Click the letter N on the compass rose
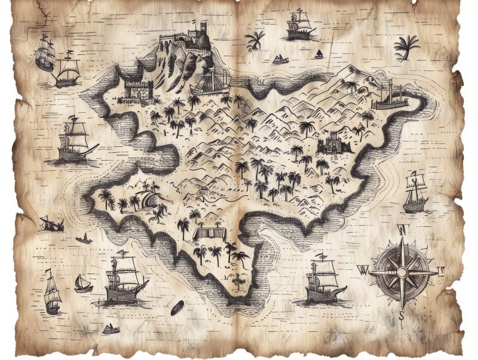(403, 229)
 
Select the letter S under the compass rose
(402, 315)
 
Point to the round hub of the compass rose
(402, 272)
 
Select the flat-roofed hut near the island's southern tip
(210, 233)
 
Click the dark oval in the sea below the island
(177, 309)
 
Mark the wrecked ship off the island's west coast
(51, 224)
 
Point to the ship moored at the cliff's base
(212, 82)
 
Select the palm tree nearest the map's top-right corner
(406, 47)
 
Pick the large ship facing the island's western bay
(75, 141)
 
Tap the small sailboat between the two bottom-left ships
(82, 283)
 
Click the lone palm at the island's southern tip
(239, 281)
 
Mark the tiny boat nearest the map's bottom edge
(110, 328)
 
